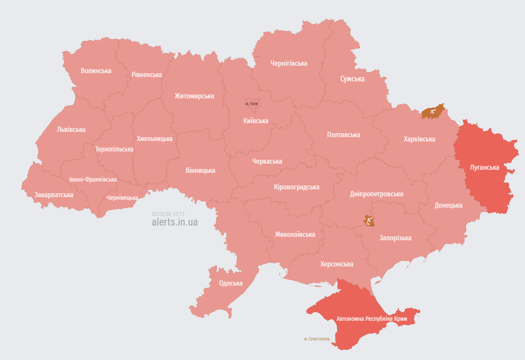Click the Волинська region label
96,71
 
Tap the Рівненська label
147,74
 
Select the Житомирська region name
194,96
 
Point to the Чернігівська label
289,63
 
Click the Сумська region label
352,79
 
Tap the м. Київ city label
252,104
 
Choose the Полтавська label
343,135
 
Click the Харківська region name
419,139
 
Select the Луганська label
485,167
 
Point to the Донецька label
448,205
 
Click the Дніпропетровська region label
376,194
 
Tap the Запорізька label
395,238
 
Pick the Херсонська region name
337,264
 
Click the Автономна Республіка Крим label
371,319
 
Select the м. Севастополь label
317,338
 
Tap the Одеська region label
230,283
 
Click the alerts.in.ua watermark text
175,222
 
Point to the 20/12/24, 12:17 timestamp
168,214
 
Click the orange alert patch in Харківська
433,112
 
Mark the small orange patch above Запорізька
369,221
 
